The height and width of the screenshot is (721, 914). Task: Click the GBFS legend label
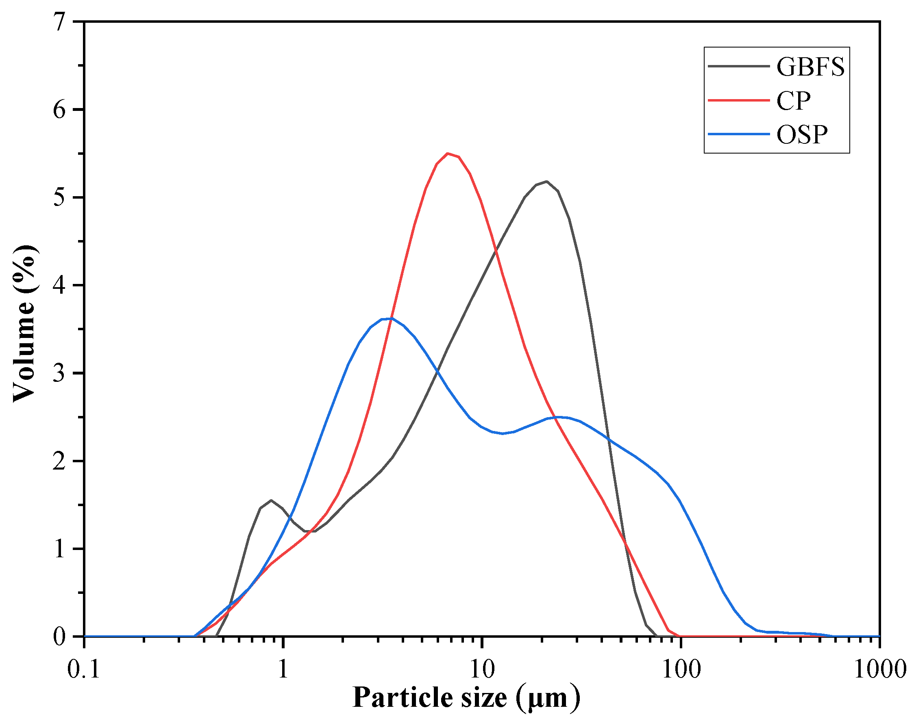[810, 67]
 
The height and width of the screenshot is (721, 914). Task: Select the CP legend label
[793, 101]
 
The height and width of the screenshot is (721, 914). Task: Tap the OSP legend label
[802, 135]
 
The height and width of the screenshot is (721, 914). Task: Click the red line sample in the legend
[738, 100]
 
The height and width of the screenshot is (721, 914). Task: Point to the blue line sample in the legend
[738, 134]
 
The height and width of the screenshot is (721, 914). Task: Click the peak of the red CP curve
[448, 154]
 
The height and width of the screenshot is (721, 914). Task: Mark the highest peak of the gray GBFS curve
[546, 182]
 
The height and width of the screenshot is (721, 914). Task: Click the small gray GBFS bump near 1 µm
[271, 500]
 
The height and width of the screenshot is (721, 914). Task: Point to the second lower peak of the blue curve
[560, 417]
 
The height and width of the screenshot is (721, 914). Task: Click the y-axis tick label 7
[60, 22]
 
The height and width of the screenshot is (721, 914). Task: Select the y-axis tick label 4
[60, 286]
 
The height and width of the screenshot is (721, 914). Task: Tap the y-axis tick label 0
[60, 636]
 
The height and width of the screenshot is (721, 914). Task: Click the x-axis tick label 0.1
[84, 669]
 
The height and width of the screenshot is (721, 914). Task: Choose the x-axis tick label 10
[482, 669]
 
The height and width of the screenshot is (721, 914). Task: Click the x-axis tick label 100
[681, 669]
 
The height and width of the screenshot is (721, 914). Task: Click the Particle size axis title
[466, 697]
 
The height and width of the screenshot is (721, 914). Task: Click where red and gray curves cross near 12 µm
[496, 251]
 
